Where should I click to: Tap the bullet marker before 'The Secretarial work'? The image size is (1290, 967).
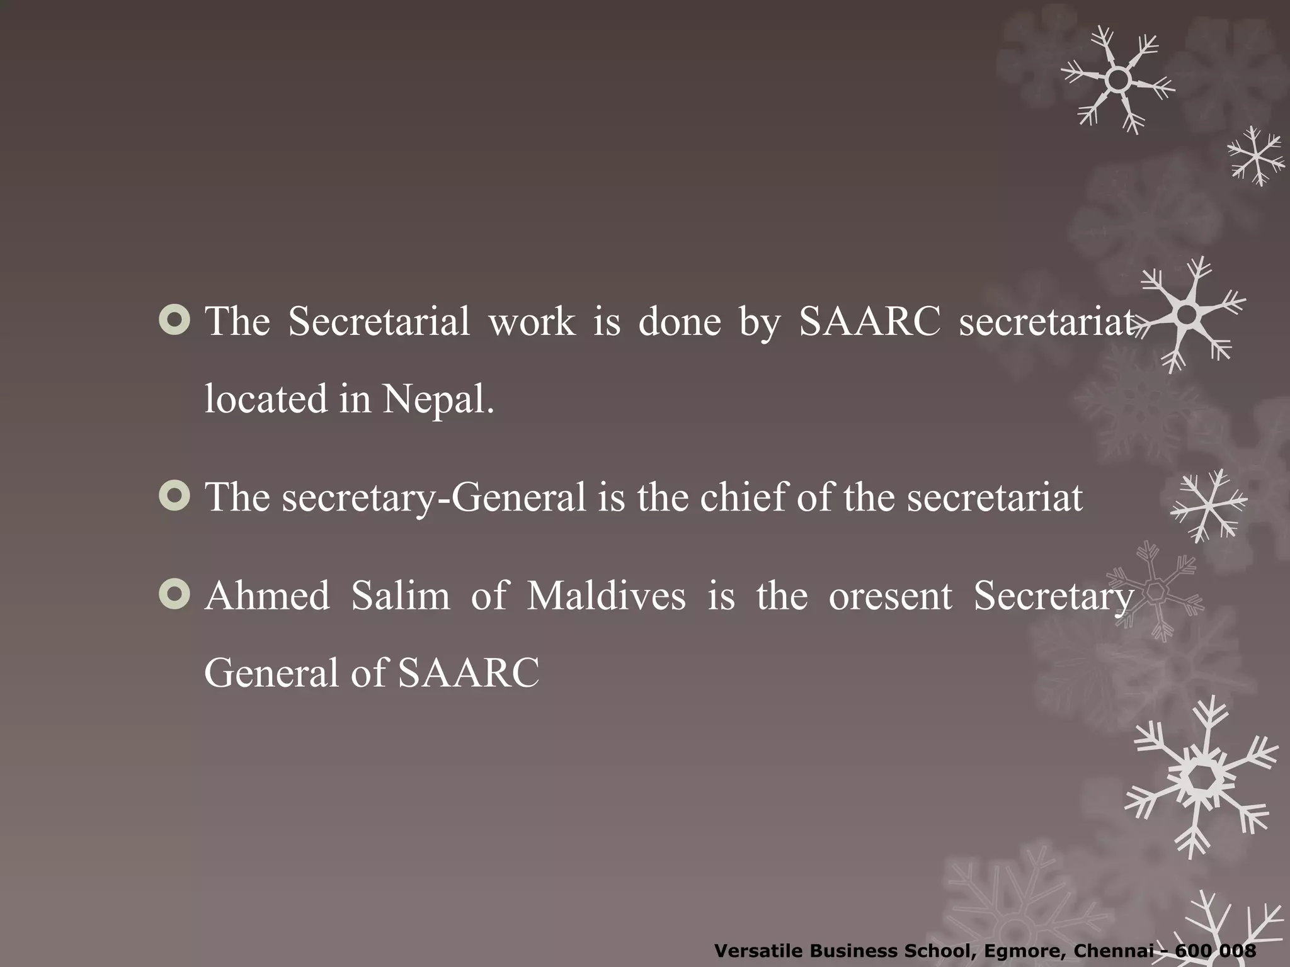point(174,320)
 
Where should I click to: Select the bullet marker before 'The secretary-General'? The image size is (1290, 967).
point(174,496)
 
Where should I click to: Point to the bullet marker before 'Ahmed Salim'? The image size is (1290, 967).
point(174,595)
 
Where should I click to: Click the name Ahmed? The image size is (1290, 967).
point(267,596)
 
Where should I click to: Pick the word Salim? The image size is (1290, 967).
point(401,596)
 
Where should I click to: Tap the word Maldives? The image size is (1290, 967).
point(606,596)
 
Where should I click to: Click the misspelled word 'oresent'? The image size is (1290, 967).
point(890,597)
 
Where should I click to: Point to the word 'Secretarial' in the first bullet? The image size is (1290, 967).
point(379,322)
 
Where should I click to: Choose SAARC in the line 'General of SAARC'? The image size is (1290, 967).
point(469,673)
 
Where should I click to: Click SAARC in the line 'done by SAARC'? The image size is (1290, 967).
point(869,322)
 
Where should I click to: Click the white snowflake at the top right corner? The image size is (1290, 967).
point(1117,80)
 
